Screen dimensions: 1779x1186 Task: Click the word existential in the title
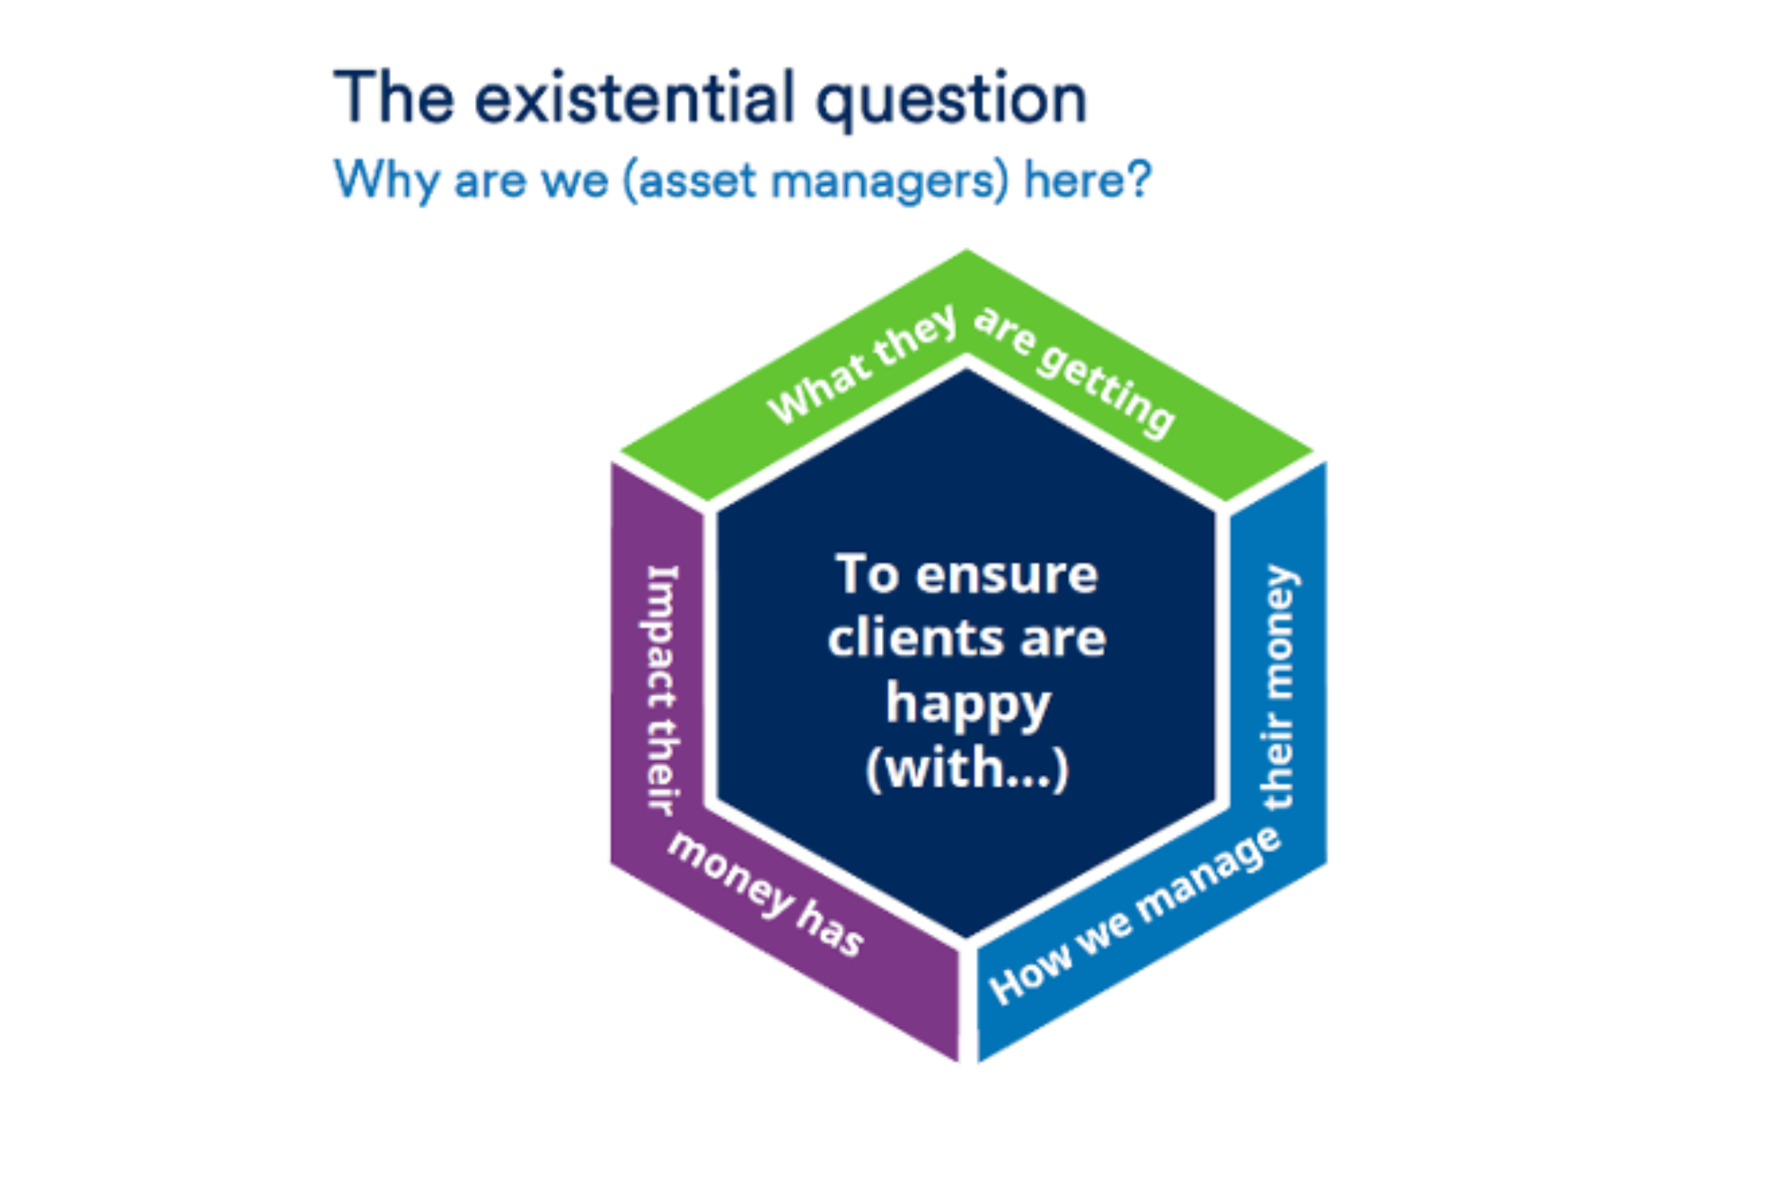[x=634, y=98]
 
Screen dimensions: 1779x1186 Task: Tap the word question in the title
[x=952, y=102]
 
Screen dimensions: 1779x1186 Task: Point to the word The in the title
[x=394, y=96]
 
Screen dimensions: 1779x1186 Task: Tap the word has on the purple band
[x=830, y=931]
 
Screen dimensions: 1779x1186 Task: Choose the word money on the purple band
[x=730, y=875]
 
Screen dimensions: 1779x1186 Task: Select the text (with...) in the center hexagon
[x=968, y=770]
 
